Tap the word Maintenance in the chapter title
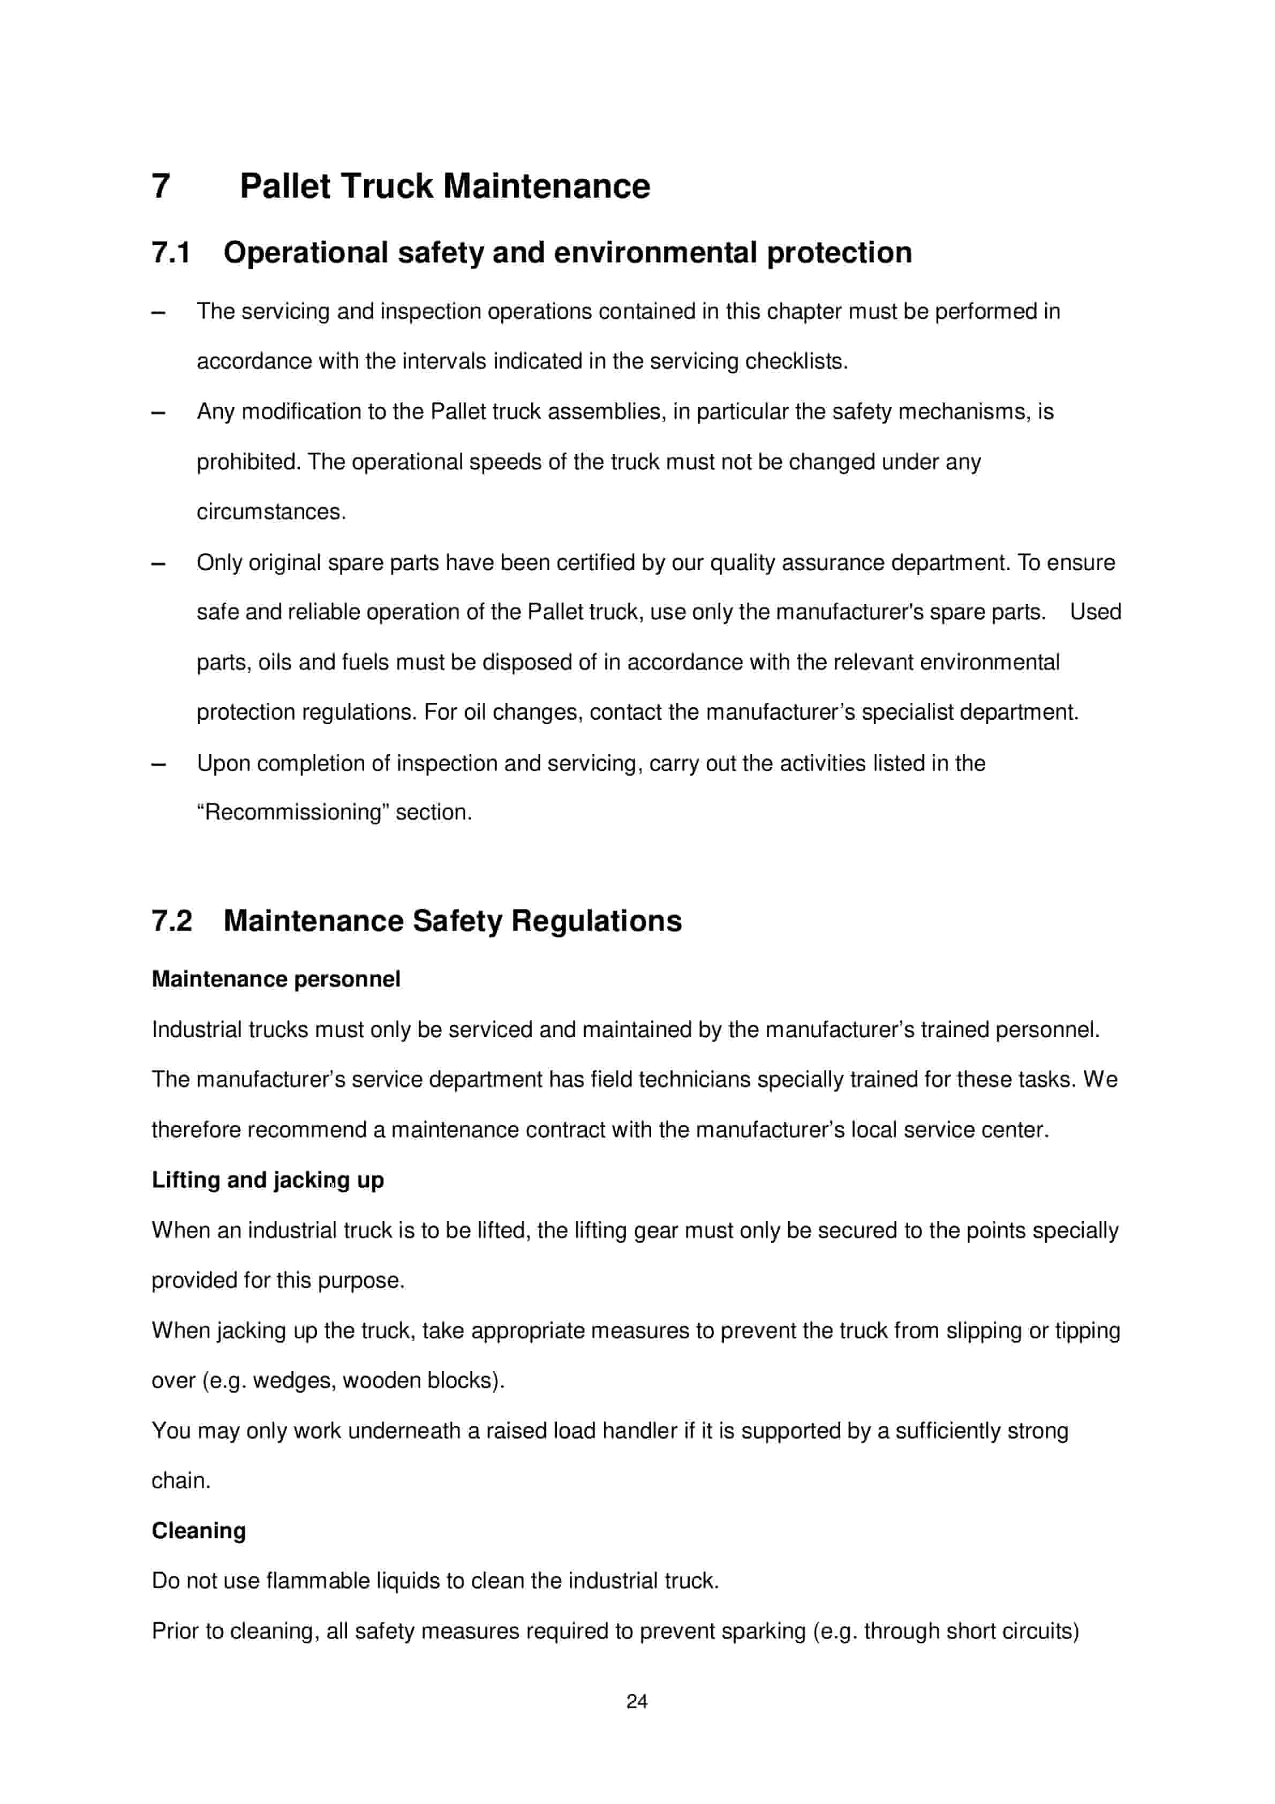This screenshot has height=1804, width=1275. (x=546, y=187)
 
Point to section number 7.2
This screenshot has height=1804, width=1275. (x=171, y=921)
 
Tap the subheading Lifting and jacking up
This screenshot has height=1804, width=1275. (x=267, y=1179)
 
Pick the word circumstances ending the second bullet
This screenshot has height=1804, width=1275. (x=270, y=512)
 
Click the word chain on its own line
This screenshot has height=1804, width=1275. (x=180, y=1480)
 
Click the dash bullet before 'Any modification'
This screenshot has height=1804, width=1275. (x=159, y=412)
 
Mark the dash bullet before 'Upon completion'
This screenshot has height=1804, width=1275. (x=159, y=764)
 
